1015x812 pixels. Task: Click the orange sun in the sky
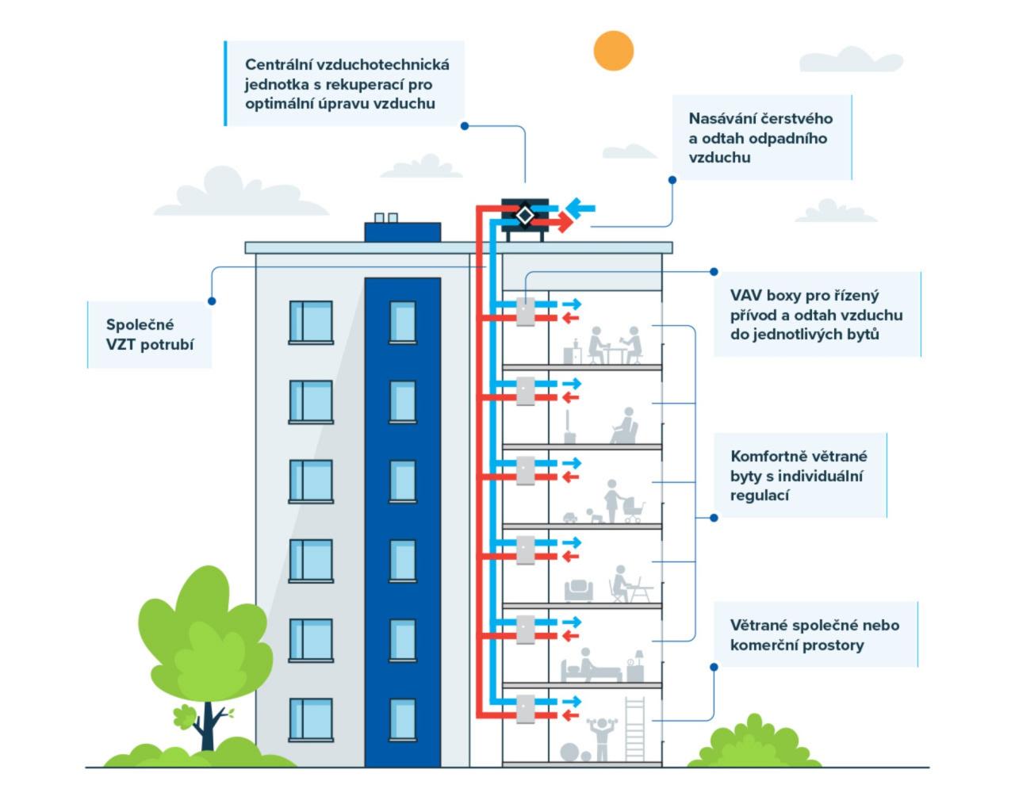(613, 51)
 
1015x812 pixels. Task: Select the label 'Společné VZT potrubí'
(150, 335)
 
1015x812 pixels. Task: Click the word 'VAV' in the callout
(745, 296)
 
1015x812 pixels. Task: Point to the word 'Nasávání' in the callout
(722, 119)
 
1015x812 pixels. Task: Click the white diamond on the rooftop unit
(524, 215)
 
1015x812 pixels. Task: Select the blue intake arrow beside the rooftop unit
(580, 209)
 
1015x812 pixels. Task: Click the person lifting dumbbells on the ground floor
(602, 738)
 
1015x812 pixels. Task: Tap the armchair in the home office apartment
(579, 589)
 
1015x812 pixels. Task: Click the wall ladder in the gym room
(634, 728)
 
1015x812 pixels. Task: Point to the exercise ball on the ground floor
(570, 752)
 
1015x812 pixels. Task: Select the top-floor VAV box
(525, 312)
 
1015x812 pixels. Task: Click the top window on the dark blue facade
(402, 322)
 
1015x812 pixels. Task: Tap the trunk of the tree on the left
(209, 726)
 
